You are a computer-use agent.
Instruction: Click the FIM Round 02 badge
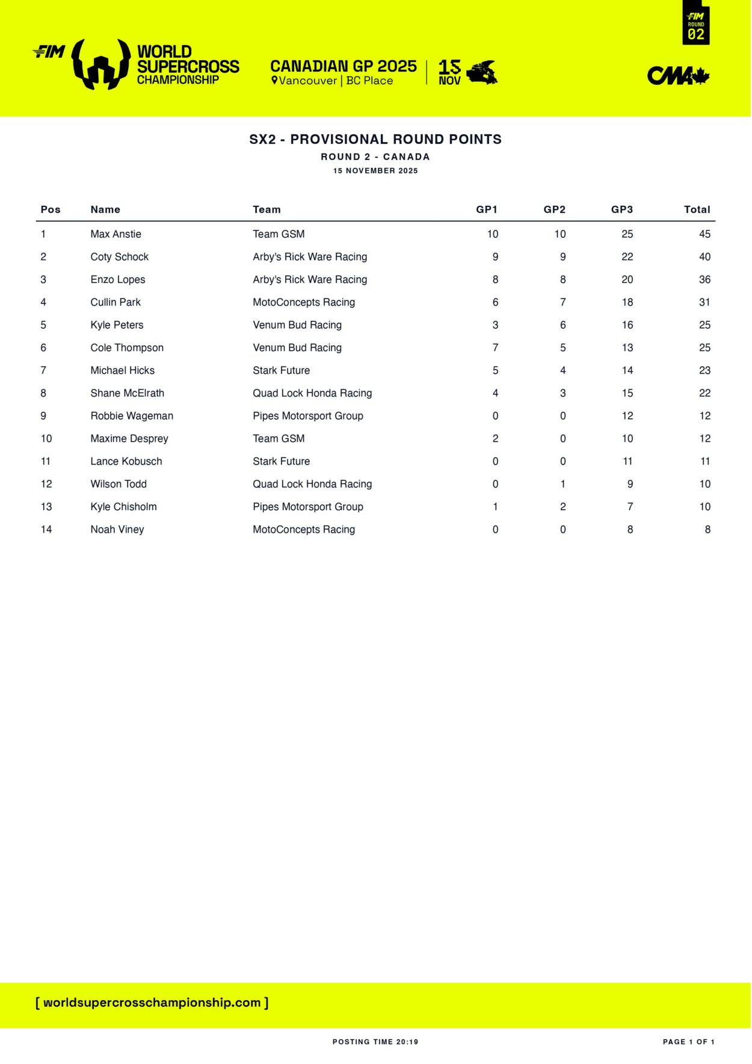tap(695, 24)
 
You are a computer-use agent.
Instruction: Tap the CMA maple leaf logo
tap(678, 76)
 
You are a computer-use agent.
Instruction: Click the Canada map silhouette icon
tap(482, 73)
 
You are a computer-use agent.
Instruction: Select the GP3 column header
tap(621, 209)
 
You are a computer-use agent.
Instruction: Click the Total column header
tap(697, 209)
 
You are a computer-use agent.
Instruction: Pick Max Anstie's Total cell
tap(704, 234)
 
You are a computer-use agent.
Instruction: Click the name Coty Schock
tap(119, 257)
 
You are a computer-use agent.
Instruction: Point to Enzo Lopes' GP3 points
tap(627, 280)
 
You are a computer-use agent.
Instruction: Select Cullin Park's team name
tap(303, 302)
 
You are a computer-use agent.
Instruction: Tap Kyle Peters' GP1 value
tap(495, 325)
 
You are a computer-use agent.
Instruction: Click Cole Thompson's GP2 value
tap(562, 348)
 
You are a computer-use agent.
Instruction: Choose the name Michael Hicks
tap(122, 371)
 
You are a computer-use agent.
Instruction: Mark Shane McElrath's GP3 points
tap(627, 394)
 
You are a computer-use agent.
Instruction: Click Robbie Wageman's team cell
tap(307, 416)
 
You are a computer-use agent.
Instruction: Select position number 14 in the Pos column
tap(46, 530)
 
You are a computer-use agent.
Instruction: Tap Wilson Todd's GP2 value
tap(562, 484)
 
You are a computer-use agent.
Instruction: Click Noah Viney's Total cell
tap(707, 530)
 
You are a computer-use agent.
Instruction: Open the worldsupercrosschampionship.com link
tap(152, 1003)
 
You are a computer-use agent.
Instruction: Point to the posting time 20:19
tap(375, 1042)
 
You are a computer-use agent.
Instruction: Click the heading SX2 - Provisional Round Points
tap(375, 140)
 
